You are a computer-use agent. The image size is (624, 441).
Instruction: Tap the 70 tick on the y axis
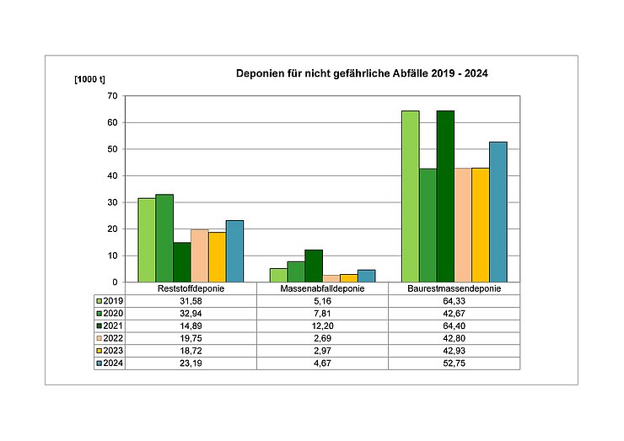(x=110, y=96)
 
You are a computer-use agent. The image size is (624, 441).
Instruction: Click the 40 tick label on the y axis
(x=110, y=176)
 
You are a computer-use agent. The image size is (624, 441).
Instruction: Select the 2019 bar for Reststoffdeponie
(x=147, y=240)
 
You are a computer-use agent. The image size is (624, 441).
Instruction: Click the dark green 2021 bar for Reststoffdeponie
(x=181, y=262)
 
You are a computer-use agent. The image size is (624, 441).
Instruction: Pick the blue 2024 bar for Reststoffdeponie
(x=234, y=251)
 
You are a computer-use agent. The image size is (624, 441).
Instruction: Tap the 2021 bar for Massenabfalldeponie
(x=313, y=266)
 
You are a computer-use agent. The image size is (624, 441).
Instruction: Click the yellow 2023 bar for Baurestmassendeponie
(x=481, y=225)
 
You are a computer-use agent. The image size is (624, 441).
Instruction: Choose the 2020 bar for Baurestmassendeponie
(x=428, y=225)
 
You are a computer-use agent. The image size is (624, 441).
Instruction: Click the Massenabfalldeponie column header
(x=322, y=289)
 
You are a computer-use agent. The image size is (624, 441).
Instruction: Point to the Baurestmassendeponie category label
(x=454, y=289)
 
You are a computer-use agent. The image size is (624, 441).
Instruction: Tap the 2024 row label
(x=110, y=363)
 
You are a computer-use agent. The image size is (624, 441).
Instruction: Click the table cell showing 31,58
(x=191, y=301)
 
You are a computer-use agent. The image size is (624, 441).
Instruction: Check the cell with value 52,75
(x=454, y=363)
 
